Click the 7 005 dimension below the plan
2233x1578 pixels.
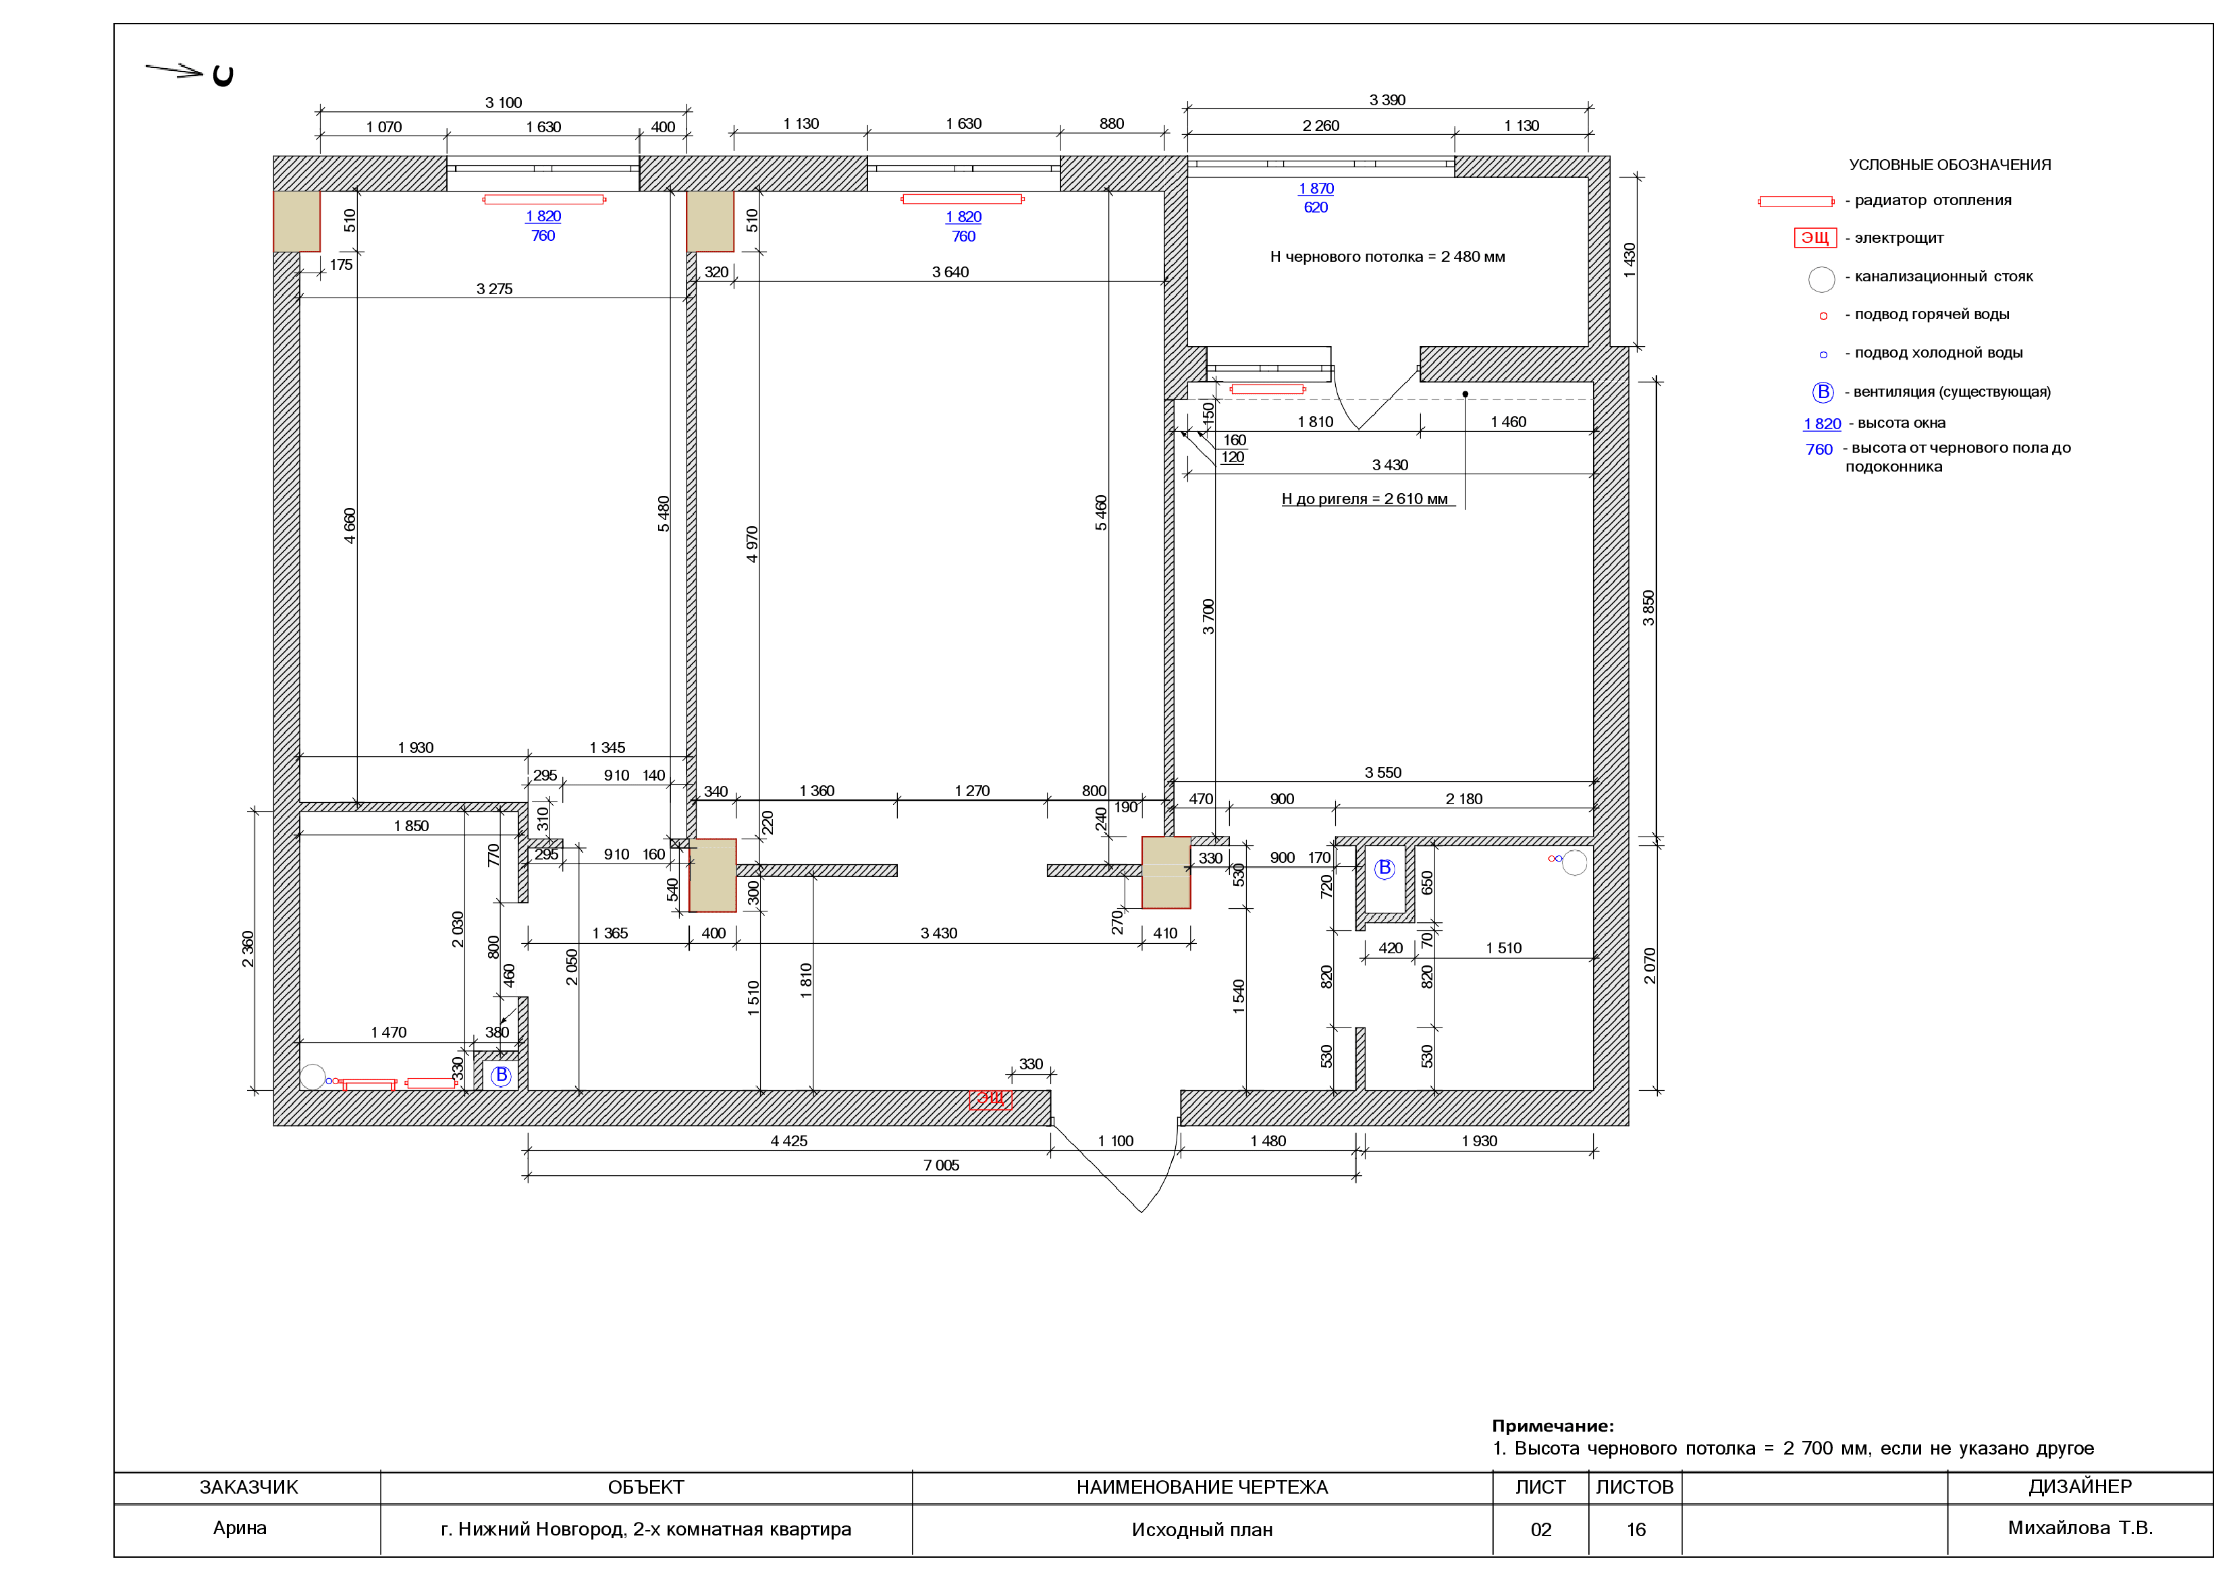pos(940,1165)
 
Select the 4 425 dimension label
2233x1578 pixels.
pos(788,1140)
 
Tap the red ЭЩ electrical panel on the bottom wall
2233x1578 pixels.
pos(990,1099)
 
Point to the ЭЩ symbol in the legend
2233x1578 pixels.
pos(1814,238)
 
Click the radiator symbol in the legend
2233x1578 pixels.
pos(1796,201)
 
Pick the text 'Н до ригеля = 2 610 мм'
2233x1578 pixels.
pos(1364,499)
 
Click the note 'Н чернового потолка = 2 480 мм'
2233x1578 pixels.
pos(1387,256)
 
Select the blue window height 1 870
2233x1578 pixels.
pos(1316,189)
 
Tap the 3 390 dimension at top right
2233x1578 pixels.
pos(1387,100)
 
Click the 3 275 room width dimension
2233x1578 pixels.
pos(494,289)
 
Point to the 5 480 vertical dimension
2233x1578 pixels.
pos(664,513)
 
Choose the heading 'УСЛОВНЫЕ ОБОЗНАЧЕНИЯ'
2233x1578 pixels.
pos(1950,165)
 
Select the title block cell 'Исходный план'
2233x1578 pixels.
pos(1202,1529)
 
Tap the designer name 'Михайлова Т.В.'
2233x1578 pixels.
pos(2080,1527)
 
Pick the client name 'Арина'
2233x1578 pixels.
pos(239,1527)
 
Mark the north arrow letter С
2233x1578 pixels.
pos(223,76)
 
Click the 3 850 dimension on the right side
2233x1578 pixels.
pos(1648,608)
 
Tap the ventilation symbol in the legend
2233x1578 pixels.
pos(1823,392)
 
